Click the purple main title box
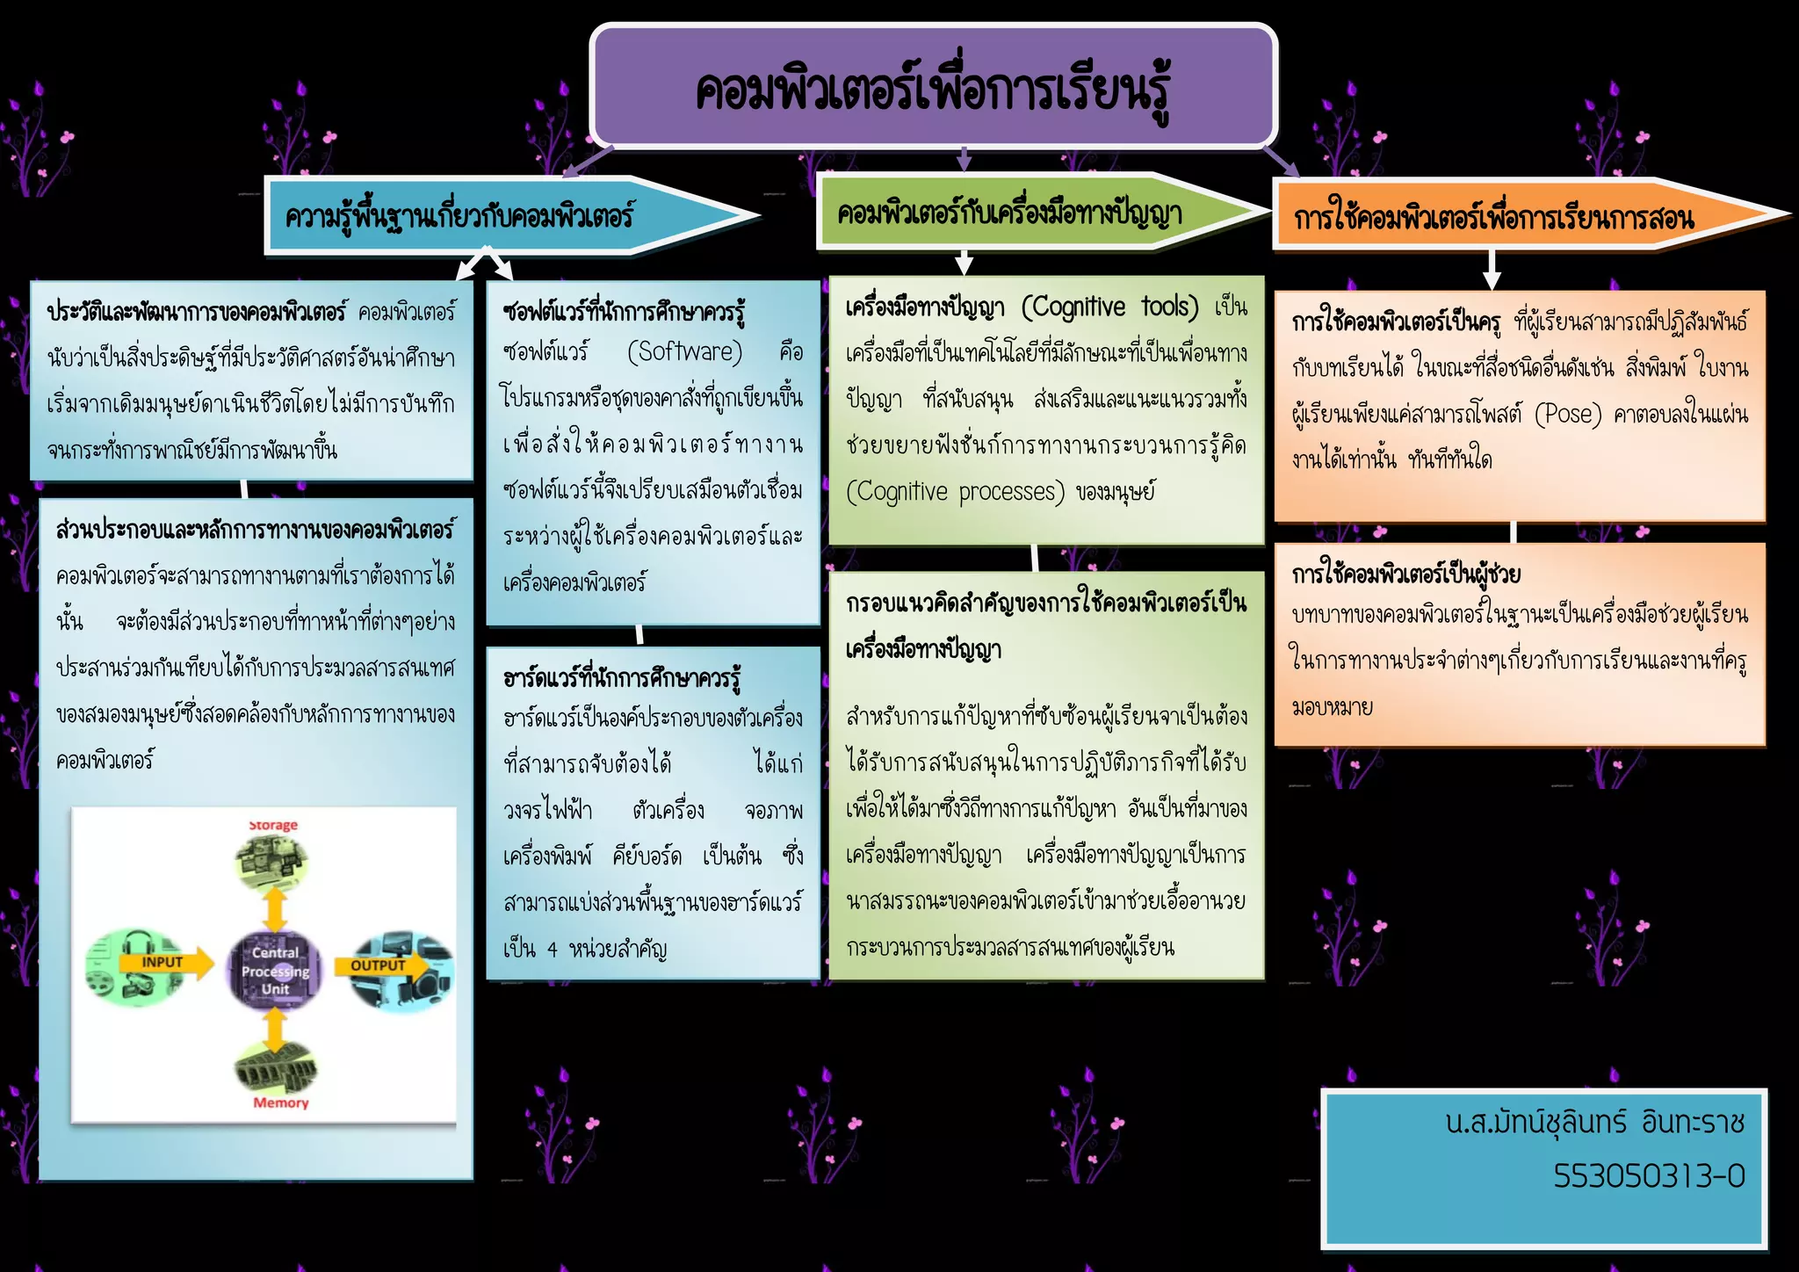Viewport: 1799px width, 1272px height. pos(933,86)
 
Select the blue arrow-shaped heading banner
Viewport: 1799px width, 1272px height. pos(492,215)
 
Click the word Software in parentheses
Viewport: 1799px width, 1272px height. pos(684,352)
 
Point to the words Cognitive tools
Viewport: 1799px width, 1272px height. pos(1110,307)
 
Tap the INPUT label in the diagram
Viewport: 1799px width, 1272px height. pos(163,963)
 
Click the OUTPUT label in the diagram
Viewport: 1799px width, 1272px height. pos(378,965)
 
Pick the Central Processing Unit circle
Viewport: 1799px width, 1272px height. pos(275,971)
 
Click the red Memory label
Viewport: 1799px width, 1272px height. pos(281,1103)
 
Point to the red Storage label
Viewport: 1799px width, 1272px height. pos(273,826)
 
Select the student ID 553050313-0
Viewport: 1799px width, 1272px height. pos(1649,1175)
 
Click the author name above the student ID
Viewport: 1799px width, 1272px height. pos(1595,1123)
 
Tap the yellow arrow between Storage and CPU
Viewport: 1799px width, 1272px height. pos(276,909)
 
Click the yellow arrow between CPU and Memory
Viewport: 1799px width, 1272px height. pos(276,1030)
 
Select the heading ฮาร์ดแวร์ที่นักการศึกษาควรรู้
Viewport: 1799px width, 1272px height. pos(622,678)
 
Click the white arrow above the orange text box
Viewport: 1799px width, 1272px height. pos(1491,269)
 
